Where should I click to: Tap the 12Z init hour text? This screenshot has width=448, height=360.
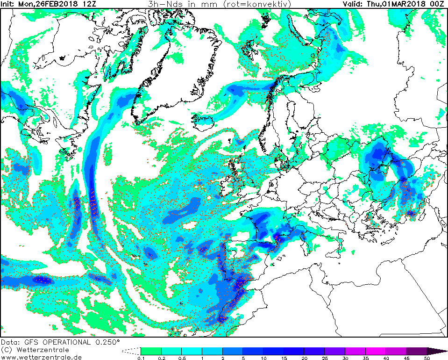pos(85,4)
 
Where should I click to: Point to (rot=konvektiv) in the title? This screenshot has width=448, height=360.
pos(256,4)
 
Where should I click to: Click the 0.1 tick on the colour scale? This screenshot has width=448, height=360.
pos(141,358)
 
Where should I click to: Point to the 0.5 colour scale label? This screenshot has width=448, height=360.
pos(181,358)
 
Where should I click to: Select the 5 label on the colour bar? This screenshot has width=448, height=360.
pos(242,358)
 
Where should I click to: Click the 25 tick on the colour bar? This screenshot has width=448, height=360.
pos(324,358)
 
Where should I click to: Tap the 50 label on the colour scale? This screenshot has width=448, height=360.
pos(427,358)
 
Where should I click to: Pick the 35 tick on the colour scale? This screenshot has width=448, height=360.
pos(365,358)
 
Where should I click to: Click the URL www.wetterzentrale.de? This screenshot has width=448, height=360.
pos(38,357)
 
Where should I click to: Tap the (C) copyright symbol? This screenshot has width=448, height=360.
pos(6,350)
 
